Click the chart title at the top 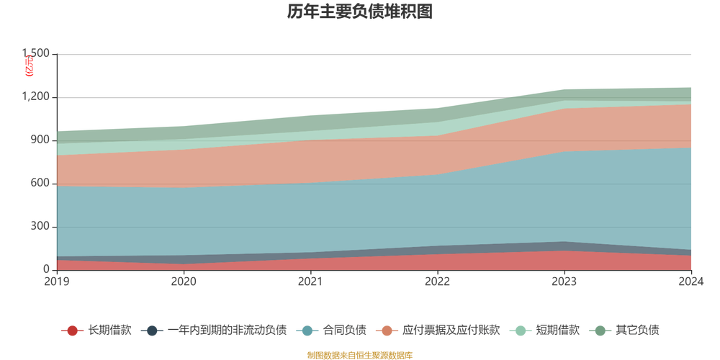coord(359,12)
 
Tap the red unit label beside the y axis coord(29,67)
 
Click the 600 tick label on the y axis coord(37,184)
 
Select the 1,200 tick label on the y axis coord(35,96)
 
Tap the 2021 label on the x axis coord(310,281)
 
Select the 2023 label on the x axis coord(564,281)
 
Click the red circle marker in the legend coord(72,330)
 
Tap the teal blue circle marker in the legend coord(308,330)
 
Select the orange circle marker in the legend coord(388,330)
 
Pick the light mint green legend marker coord(520,330)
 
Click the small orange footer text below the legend coord(359,354)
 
